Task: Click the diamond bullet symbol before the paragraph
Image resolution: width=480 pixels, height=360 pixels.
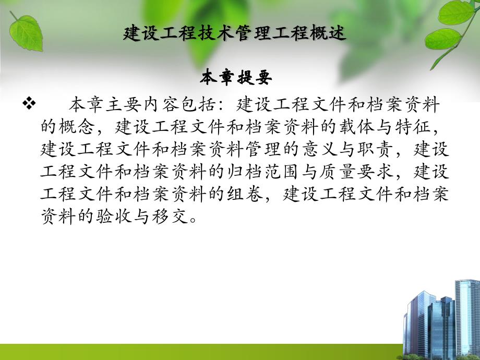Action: [30, 104]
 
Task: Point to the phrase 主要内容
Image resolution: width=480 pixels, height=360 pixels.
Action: [144, 105]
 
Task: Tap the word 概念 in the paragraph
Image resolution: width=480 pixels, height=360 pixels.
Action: [77, 127]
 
